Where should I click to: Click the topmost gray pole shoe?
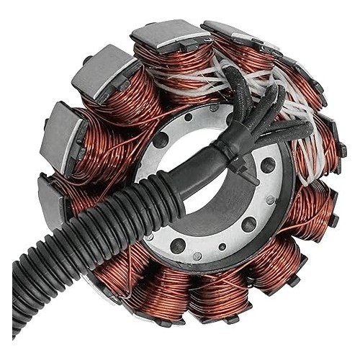[170, 34]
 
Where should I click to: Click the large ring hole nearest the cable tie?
[267, 165]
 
